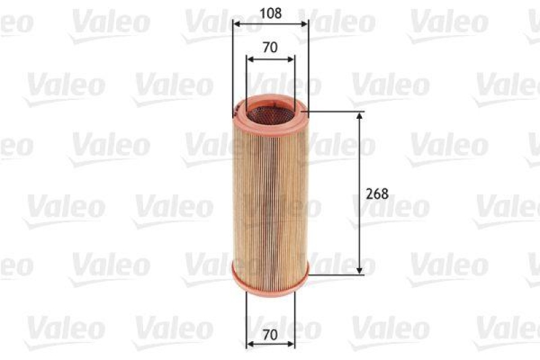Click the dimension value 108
[x=270, y=13]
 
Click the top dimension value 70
[x=270, y=47]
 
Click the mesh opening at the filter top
[x=270, y=112]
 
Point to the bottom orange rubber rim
[x=270, y=284]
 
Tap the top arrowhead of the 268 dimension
[x=359, y=116]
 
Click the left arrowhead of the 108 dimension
[x=236, y=24]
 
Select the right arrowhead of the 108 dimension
[x=304, y=24]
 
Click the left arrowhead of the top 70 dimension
[x=250, y=59]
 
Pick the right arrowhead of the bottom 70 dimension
[x=292, y=344]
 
